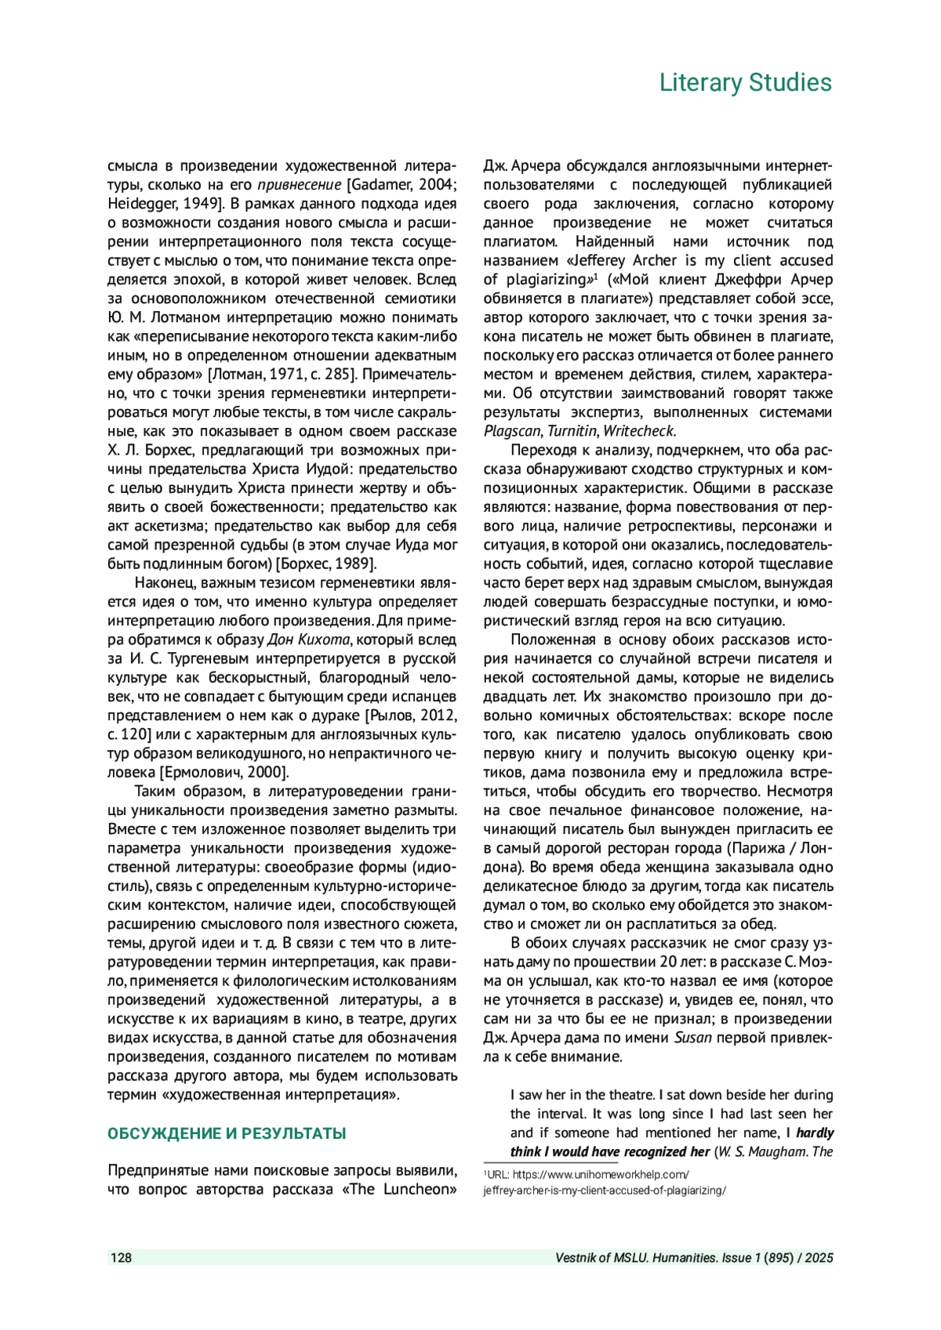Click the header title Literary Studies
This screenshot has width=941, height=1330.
[x=745, y=82]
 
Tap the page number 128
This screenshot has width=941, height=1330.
[x=121, y=1258]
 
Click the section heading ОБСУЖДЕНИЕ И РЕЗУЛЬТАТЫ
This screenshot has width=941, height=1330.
[x=227, y=1133]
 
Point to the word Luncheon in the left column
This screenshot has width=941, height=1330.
[x=420, y=1190]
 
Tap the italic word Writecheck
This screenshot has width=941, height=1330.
[x=638, y=431]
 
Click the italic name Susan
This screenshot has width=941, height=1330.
[x=692, y=1038]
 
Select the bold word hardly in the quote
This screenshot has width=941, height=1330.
[x=816, y=1132]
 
